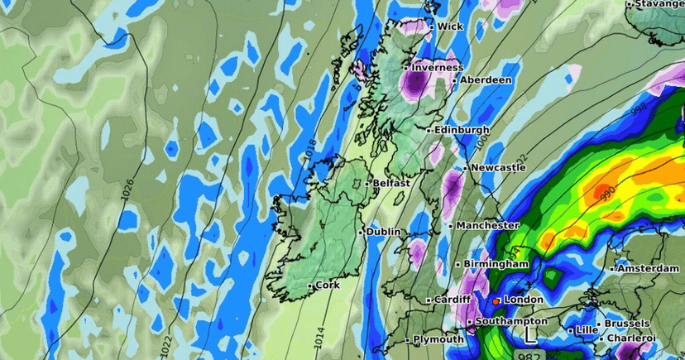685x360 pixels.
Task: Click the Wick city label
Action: (450, 26)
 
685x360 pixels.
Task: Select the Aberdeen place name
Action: (486, 80)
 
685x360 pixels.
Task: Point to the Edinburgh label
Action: (457, 130)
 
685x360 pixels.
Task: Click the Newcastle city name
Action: (498, 167)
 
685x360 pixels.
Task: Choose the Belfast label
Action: (391, 183)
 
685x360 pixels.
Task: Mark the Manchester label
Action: (488, 225)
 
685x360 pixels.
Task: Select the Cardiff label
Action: (454, 300)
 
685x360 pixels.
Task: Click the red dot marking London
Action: (496, 301)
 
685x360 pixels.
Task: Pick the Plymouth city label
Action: (439, 339)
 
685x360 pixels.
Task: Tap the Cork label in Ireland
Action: (328, 286)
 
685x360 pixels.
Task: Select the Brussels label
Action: (628, 324)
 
